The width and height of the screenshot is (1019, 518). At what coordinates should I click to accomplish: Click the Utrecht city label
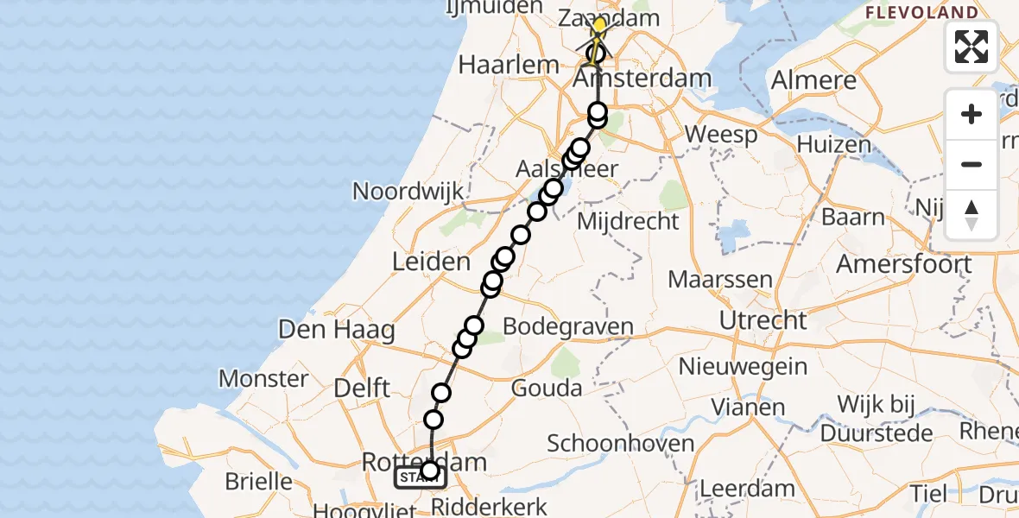pos(763,321)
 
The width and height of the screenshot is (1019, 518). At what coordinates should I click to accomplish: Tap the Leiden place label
pos(432,262)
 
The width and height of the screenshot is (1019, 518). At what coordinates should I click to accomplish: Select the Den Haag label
pos(336,329)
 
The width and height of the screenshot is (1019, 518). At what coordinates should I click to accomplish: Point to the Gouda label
pos(547,388)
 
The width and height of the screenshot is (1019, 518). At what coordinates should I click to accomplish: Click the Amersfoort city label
pos(903,263)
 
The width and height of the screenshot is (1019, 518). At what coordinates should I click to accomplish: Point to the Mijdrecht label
pos(628,222)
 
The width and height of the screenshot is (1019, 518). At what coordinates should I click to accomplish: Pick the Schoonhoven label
pos(621,444)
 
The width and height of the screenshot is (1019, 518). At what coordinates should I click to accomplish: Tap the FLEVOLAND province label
pos(921,13)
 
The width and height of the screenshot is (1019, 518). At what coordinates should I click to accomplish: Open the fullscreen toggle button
pos(972,46)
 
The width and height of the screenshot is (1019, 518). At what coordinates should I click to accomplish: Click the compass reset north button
pos(972,215)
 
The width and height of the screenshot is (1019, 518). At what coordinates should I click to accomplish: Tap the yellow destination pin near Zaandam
pos(598,26)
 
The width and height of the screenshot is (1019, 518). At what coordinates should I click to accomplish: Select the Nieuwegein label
pos(743,366)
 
